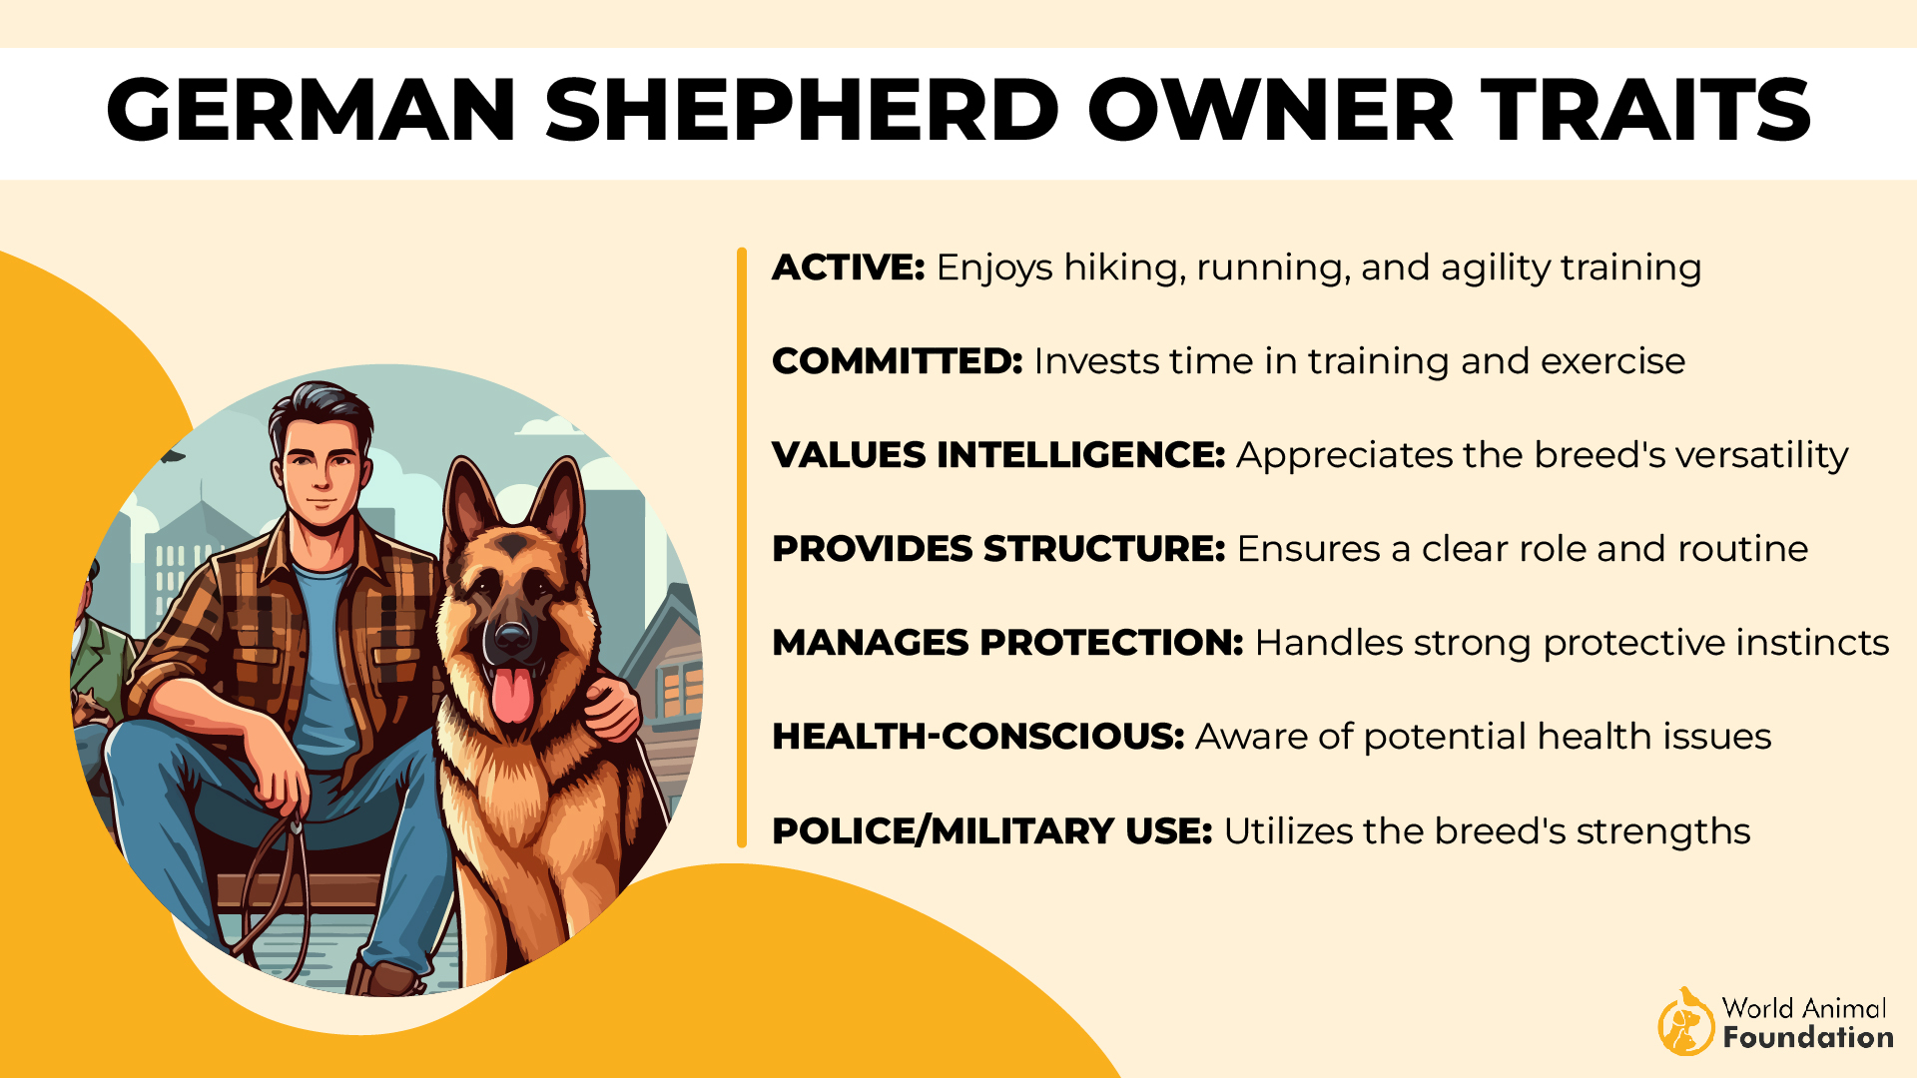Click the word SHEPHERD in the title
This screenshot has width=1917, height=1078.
(801, 110)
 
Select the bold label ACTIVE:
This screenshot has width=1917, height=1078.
(849, 268)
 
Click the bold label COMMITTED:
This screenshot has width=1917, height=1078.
(897, 361)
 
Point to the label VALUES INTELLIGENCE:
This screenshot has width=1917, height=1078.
(998, 455)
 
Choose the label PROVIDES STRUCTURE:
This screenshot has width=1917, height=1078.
(998, 549)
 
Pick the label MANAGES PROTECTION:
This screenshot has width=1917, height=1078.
(1007, 643)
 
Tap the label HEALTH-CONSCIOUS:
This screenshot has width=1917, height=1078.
(977, 737)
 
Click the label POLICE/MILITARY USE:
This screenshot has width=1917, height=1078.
(991, 831)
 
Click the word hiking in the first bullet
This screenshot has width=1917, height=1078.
(1123, 268)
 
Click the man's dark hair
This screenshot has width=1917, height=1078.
(319, 409)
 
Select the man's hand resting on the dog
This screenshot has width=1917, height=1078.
(610, 711)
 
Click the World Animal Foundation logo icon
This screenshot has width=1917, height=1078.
(1685, 1022)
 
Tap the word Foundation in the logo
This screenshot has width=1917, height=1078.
(1807, 1038)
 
